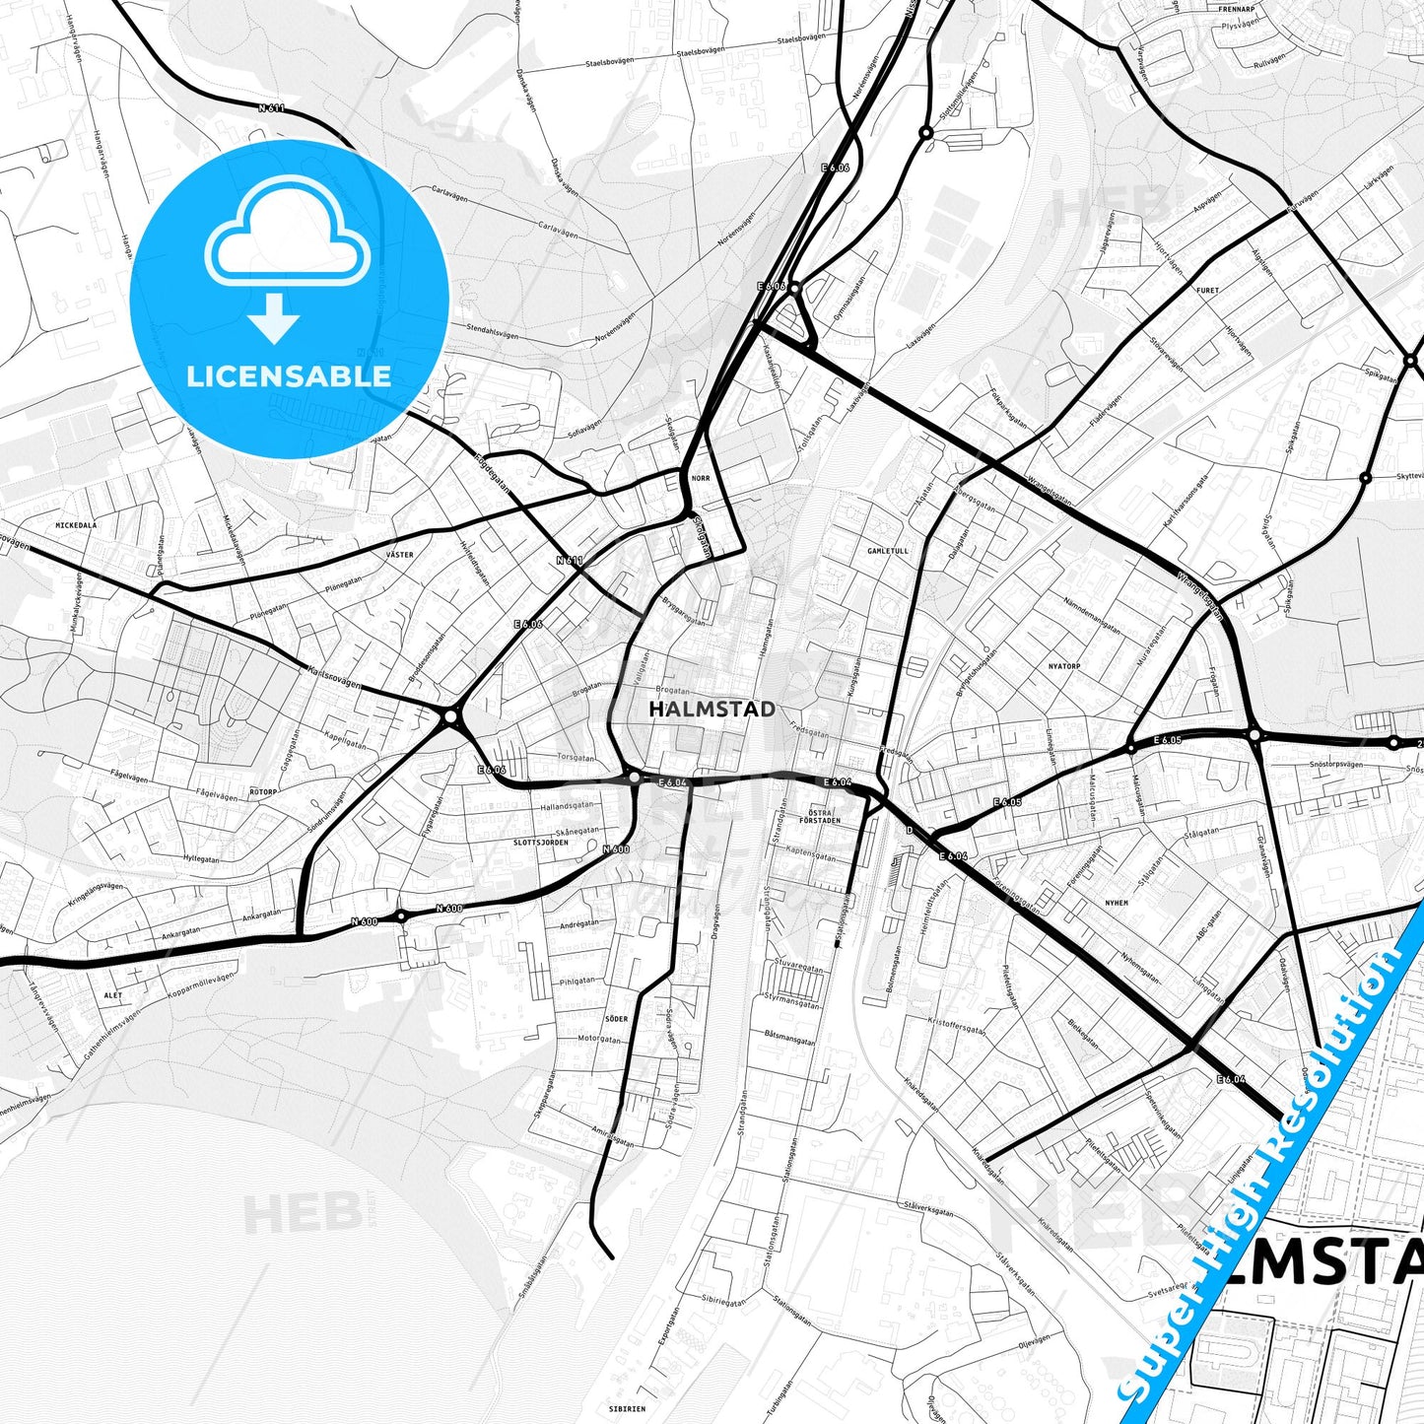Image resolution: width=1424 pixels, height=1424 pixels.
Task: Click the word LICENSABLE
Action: [289, 375]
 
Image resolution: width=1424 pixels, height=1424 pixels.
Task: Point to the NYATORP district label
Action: [1064, 666]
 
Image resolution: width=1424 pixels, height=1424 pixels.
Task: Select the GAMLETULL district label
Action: [888, 551]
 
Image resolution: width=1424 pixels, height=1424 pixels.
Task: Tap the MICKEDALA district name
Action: [76, 525]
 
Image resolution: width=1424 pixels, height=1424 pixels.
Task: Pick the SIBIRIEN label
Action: [627, 1408]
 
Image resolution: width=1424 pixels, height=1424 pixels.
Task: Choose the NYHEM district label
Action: [1117, 902]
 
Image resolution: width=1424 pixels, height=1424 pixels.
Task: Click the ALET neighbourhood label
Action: [113, 995]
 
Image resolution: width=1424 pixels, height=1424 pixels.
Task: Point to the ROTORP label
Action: [263, 791]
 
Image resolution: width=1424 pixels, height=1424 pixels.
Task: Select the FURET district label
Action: [1207, 291]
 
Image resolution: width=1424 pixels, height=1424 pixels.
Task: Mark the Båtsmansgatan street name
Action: [789, 1038]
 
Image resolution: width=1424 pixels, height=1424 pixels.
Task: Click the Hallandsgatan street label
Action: [567, 806]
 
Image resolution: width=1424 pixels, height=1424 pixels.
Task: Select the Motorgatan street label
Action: [599, 1039]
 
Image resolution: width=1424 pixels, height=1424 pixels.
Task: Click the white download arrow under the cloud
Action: [274, 317]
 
